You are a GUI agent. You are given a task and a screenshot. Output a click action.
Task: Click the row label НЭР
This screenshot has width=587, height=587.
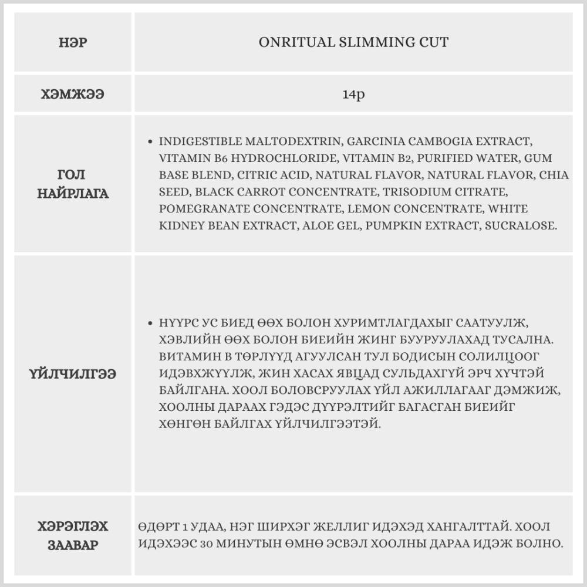[73, 42]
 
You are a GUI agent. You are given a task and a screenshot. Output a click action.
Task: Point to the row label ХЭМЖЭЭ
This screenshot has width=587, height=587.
[73, 94]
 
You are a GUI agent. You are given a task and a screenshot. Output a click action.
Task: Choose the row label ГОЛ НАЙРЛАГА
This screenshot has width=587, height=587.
[73, 184]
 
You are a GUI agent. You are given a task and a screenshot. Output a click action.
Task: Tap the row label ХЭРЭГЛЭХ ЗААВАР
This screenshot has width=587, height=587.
[73, 535]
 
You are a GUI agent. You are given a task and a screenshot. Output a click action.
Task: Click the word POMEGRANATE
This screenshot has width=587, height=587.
[198, 208]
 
